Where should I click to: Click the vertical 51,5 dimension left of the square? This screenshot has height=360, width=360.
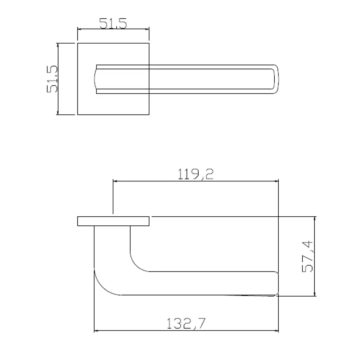coord(53,79)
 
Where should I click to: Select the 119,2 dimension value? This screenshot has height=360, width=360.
coord(196,174)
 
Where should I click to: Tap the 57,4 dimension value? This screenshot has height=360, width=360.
coord(307,256)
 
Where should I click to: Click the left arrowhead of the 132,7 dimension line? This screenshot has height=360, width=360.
coord(96,330)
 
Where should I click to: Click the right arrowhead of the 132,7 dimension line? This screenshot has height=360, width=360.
coord(277,330)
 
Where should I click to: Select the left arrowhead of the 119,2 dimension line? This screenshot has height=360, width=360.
coord(115,182)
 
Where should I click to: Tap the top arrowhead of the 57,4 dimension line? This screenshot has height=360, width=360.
coord(315,219)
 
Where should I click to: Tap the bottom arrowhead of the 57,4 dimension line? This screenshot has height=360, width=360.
coord(315,294)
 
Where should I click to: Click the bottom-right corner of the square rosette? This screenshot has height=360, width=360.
coord(149,114)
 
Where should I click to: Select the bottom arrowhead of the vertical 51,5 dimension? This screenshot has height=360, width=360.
coord(58,112)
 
